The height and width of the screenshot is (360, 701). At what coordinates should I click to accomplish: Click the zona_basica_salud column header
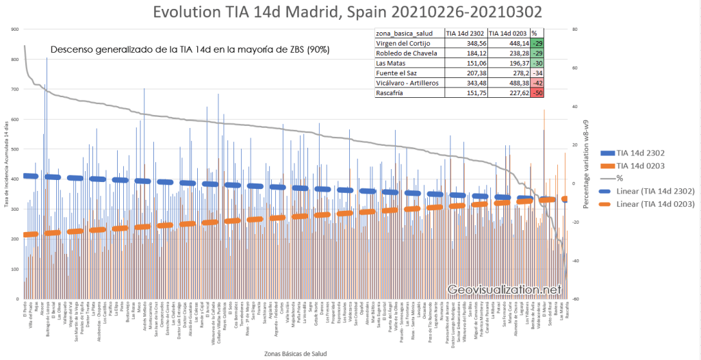[x=408, y=33]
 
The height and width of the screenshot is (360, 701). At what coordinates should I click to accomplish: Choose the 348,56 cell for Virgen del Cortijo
[x=463, y=43]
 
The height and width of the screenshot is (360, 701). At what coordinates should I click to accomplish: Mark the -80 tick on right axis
[x=576, y=299]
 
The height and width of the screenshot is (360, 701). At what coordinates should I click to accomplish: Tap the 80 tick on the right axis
[x=576, y=29]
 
